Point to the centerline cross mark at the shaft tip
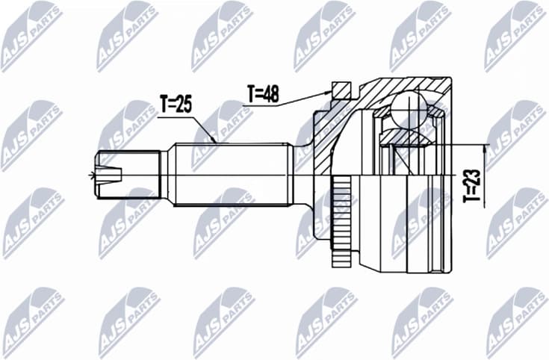click(x=92, y=176)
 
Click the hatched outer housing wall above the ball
click(x=388, y=90)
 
